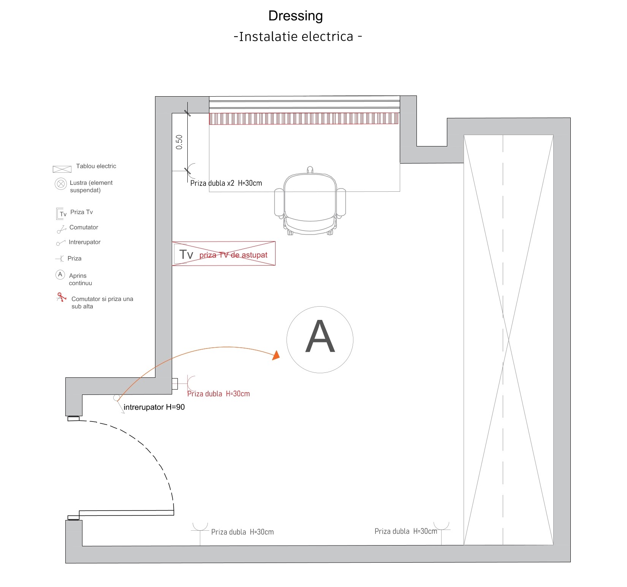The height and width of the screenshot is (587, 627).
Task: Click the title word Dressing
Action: [x=295, y=16]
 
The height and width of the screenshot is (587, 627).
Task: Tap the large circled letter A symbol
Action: [x=320, y=340]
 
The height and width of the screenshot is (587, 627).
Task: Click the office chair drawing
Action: [x=310, y=201]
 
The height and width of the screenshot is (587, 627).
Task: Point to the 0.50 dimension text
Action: [x=179, y=142]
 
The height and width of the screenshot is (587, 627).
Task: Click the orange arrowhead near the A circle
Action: [x=276, y=355]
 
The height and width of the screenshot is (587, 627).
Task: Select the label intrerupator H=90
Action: [x=154, y=407]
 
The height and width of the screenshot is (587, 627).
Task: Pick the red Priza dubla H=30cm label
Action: [x=218, y=394]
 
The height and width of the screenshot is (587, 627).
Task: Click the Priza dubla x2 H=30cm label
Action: [x=226, y=183]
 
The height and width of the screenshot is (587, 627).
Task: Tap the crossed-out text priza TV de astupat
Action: [x=233, y=255]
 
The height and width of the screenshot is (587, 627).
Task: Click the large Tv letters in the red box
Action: [x=186, y=254]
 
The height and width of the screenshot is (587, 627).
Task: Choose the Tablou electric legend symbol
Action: [x=62, y=169]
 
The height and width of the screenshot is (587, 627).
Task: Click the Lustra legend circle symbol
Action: [x=61, y=184]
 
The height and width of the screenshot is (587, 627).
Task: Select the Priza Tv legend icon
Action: [x=62, y=213]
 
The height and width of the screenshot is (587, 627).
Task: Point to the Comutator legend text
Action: [x=84, y=227]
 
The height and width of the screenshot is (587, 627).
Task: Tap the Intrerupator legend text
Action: [x=84, y=242]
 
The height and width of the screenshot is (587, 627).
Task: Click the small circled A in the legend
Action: [x=60, y=274]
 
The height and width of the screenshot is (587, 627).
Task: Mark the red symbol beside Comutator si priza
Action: [x=61, y=297]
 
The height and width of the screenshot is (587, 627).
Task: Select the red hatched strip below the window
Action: [x=304, y=119]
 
